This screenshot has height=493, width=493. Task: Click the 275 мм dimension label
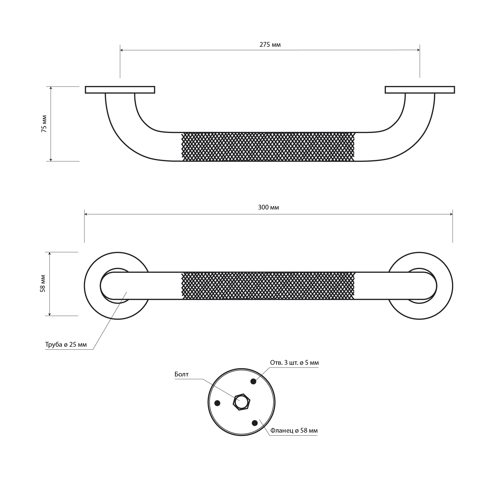click(270, 45)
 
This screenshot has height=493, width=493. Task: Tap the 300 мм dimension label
click(268, 207)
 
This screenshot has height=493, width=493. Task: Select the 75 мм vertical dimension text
click(44, 124)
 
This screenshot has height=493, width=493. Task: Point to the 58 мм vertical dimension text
click(43, 284)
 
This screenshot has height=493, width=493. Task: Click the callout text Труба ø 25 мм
click(66, 345)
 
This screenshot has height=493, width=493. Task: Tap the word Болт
click(181, 374)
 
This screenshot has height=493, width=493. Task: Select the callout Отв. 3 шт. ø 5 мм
click(294, 363)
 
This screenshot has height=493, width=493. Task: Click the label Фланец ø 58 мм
click(294, 430)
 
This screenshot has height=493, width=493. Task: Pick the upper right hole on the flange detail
click(253, 381)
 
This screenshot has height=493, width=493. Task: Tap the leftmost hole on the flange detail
click(218, 403)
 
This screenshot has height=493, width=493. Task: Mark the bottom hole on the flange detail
click(255, 423)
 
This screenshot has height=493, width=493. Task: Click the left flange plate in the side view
click(120, 90)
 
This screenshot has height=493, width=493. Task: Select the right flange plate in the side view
click(420, 90)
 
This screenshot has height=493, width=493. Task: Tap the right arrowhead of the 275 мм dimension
click(418, 50)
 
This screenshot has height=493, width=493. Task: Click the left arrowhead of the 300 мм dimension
click(86, 214)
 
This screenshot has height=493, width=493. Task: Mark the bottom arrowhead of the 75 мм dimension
click(51, 159)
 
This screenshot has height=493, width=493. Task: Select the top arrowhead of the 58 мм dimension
click(50, 254)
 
